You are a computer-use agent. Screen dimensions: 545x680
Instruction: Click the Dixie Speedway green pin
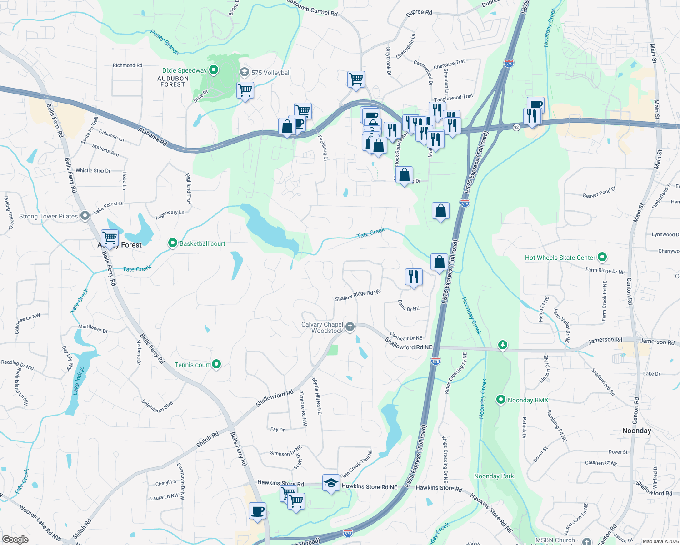213,70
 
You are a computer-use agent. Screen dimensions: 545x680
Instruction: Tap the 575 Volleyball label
271,73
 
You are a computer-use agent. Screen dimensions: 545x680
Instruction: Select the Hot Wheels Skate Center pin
602,258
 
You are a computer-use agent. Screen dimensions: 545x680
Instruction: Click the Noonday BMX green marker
500,400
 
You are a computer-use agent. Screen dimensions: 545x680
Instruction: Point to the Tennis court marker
216,364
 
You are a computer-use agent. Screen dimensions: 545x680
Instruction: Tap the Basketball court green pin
172,243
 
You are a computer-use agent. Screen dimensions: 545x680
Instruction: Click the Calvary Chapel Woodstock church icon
350,327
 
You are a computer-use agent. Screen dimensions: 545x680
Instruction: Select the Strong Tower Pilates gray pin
85,216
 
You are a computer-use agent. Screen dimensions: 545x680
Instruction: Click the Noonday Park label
494,476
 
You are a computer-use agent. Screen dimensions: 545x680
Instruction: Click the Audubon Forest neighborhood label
173,81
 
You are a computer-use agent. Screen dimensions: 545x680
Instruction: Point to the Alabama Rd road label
153,137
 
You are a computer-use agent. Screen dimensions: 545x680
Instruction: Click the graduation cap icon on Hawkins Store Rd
331,483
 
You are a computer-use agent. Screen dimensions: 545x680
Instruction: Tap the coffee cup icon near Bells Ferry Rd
257,510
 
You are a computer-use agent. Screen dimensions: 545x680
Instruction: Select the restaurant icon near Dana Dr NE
413,276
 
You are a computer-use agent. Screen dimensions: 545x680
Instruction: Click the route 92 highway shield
516,127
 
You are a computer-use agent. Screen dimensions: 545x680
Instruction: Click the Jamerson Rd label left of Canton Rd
605,340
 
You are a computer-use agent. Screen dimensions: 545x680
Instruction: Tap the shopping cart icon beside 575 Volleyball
245,90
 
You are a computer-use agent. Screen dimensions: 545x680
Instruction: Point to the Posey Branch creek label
165,42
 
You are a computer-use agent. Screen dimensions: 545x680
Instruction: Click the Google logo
15,539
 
